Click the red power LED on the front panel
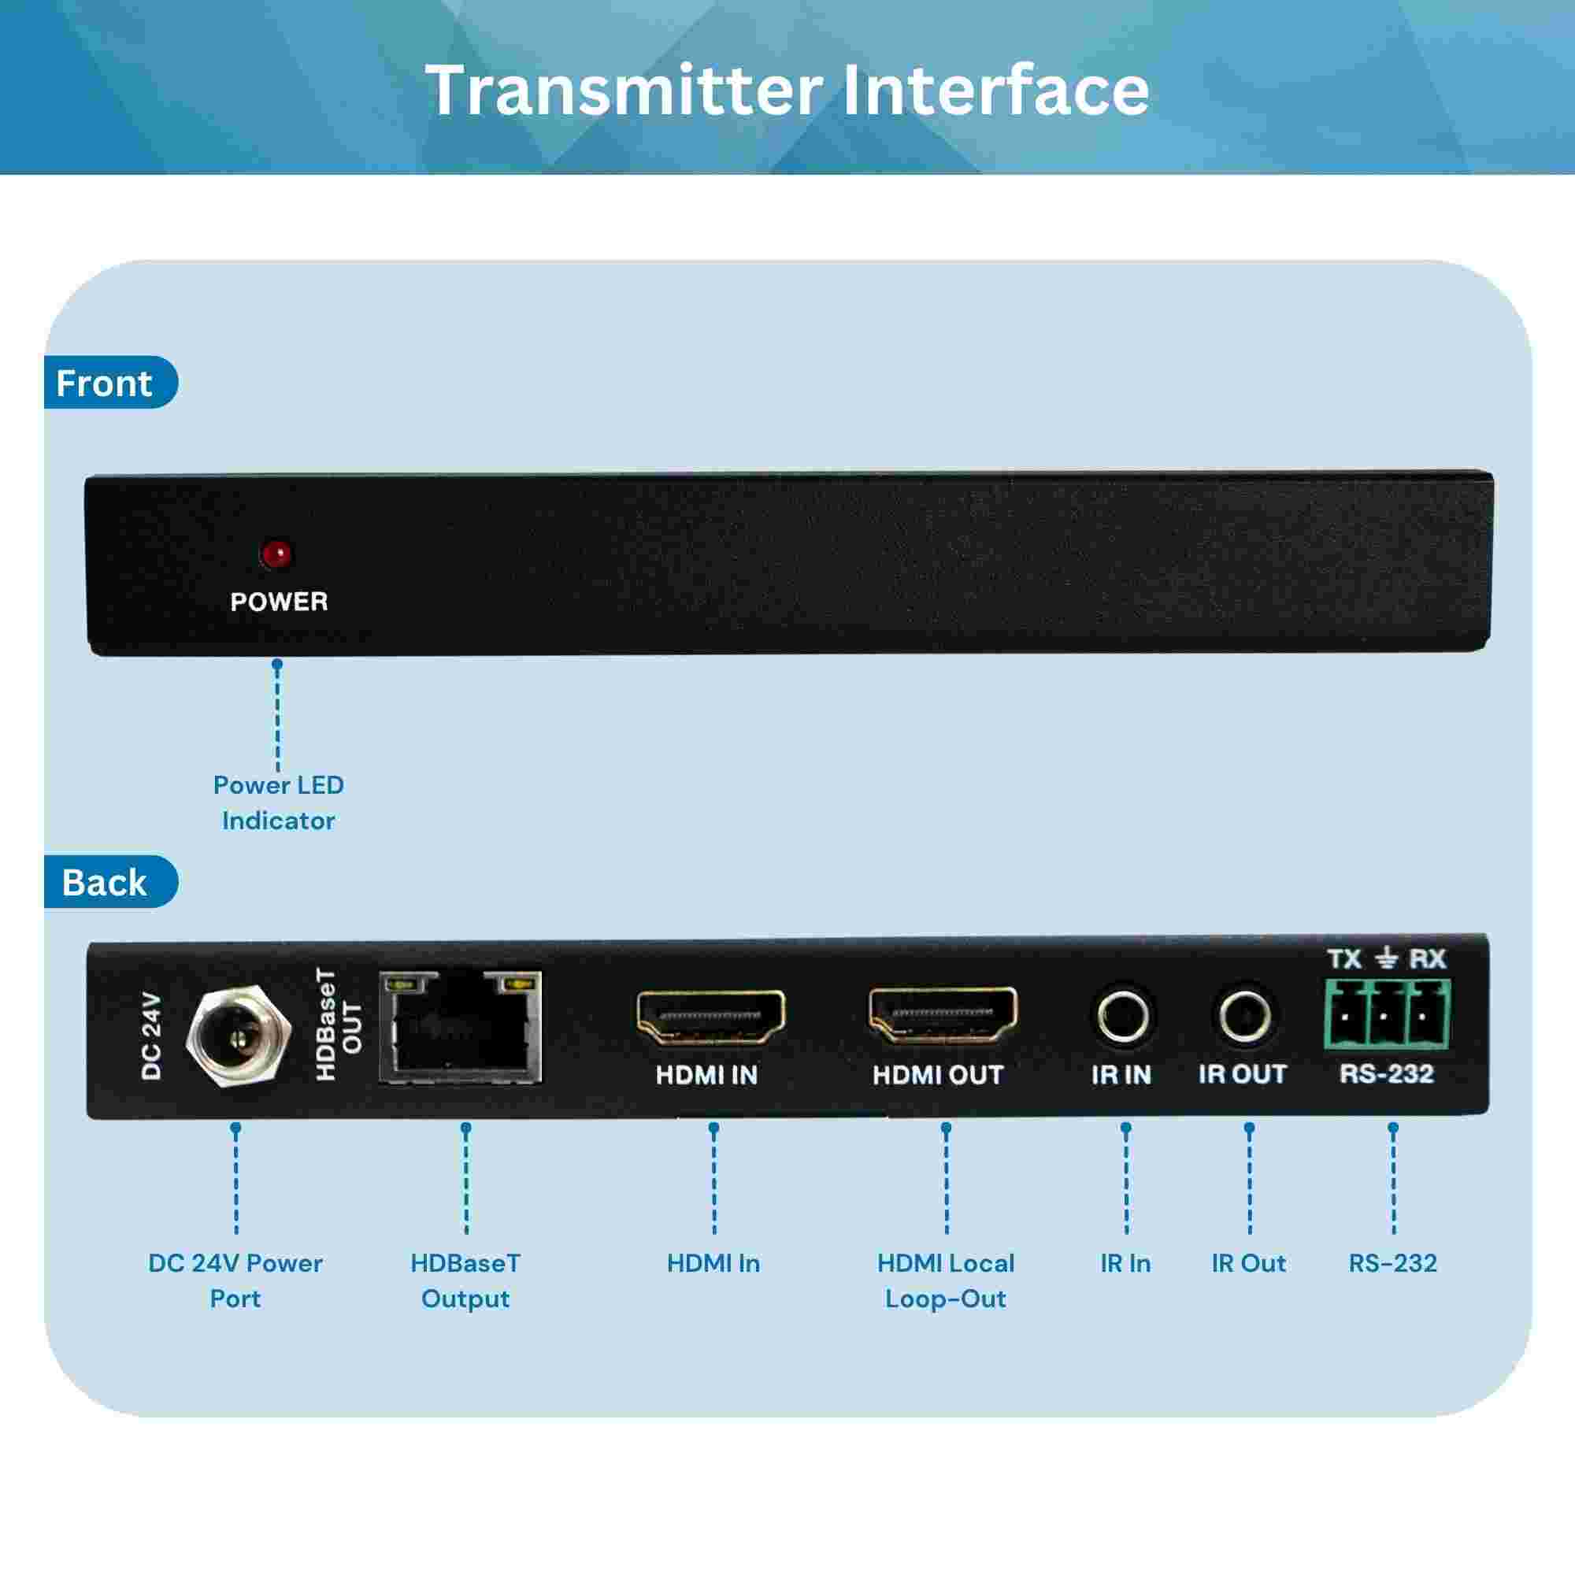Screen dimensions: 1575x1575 tap(277, 554)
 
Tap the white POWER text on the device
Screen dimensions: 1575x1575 tap(279, 602)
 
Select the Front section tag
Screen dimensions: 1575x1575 tap(110, 383)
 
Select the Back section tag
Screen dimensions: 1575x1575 tap(110, 882)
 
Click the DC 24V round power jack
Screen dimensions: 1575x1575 tap(237, 1036)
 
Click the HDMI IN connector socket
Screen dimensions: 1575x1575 tap(711, 1017)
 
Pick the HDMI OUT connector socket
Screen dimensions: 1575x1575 tap(943, 1016)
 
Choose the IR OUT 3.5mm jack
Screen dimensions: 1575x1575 tap(1245, 1016)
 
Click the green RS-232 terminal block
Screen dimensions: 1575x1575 tap(1387, 1015)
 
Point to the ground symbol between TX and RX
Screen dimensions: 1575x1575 tap(1387, 958)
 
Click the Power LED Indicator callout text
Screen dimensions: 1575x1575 tap(279, 802)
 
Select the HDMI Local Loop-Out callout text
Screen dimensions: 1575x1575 tap(946, 1280)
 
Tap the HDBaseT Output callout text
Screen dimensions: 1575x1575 tap(465, 1280)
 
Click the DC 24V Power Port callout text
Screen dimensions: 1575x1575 tap(235, 1280)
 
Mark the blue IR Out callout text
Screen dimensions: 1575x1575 tap(1248, 1263)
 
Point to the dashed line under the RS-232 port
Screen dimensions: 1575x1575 tap(1393, 1180)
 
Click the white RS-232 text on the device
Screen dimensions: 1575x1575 tap(1387, 1073)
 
